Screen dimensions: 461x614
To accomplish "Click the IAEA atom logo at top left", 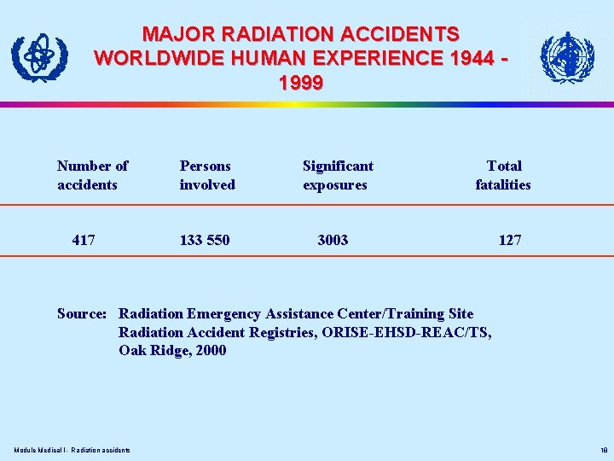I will (38, 57).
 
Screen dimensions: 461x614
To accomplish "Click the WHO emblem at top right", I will (568, 57).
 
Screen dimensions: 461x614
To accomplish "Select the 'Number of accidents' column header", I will (92, 175).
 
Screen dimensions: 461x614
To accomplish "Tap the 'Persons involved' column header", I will (207, 175).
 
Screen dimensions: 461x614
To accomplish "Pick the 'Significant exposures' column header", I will (338, 175).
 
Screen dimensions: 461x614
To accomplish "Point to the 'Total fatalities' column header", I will (503, 175).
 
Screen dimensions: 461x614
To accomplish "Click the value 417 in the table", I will (84, 240).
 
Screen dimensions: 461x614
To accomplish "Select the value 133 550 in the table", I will (205, 240).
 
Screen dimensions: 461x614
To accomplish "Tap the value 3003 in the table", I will (333, 240).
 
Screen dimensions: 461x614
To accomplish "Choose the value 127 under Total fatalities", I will (509, 240).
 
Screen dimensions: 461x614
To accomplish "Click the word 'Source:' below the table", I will (82, 314).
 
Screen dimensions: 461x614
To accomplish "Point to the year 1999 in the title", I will (301, 83).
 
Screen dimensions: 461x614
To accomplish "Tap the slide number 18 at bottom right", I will (602, 450).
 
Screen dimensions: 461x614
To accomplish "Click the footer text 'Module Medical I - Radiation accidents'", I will (72, 450).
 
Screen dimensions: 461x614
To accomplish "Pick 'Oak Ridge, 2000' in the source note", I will (172, 350).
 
